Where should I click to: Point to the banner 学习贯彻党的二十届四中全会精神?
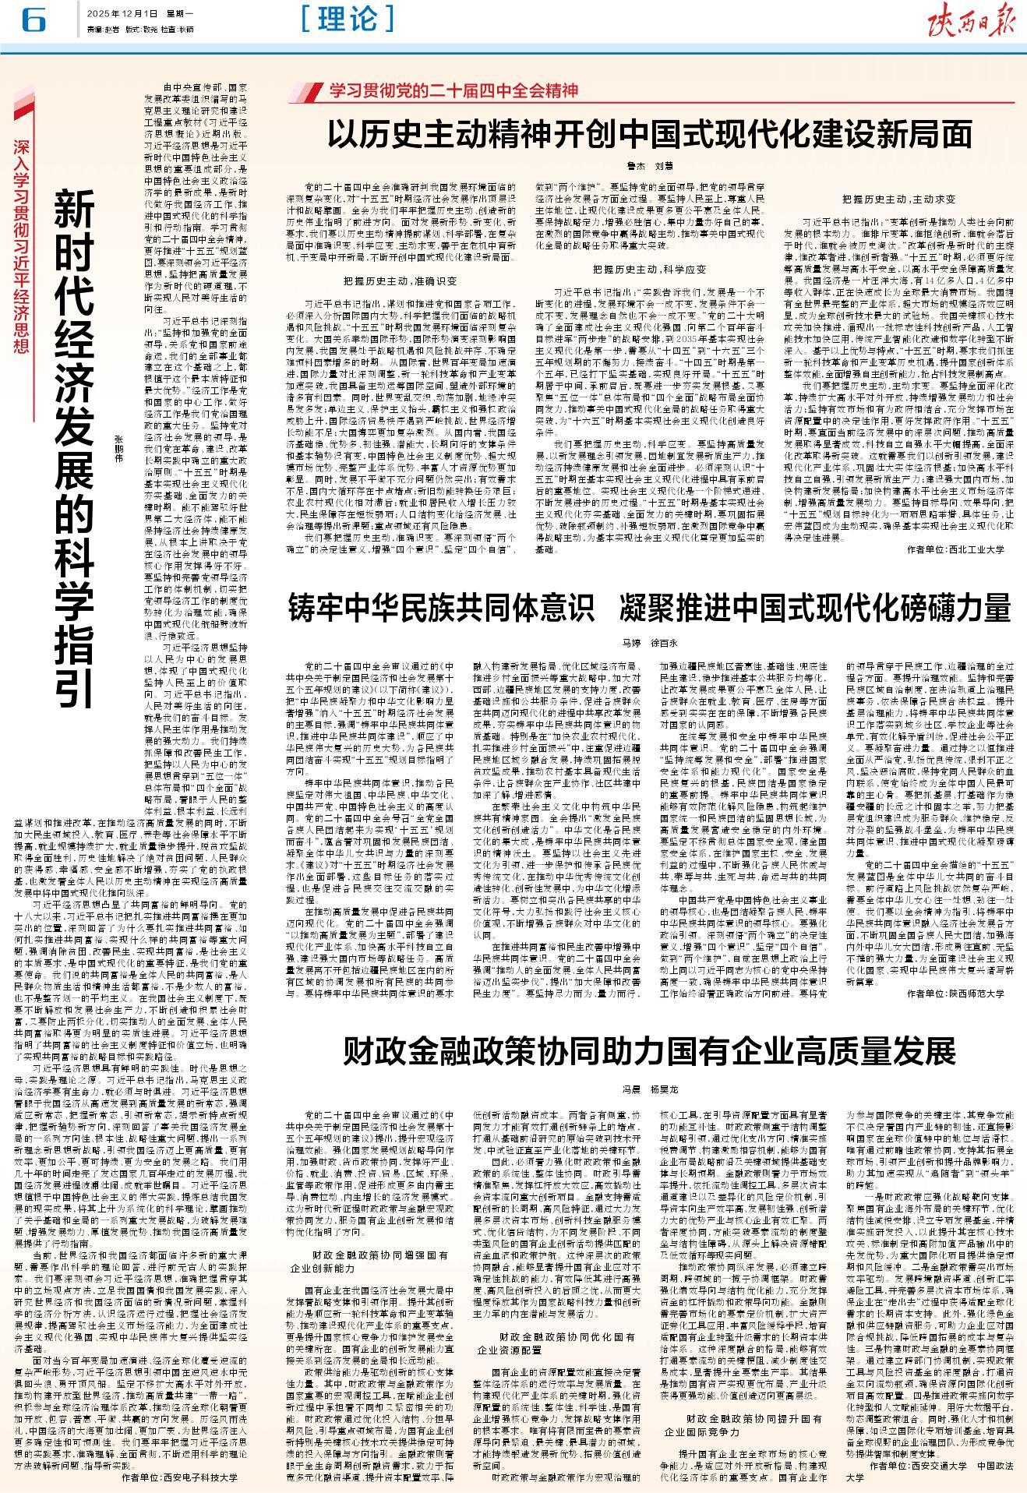[x=453, y=91]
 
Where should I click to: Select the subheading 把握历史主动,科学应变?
[x=649, y=269]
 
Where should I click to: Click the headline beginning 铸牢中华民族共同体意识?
[x=649, y=608]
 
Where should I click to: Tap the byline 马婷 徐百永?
[x=649, y=644]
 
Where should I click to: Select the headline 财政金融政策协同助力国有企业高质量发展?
[x=649, y=1051]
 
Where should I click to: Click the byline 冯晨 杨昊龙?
[x=649, y=1088]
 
